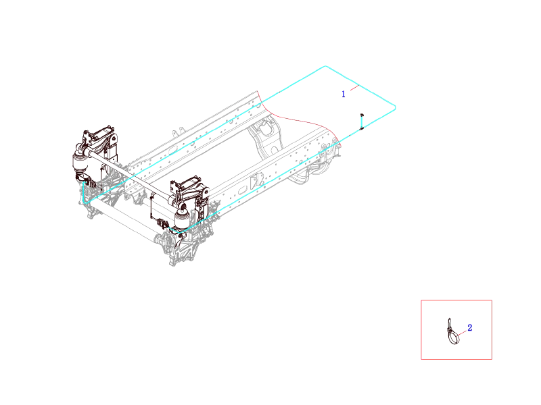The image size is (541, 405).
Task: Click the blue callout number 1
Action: tap(344, 94)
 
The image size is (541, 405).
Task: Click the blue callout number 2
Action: tap(469, 327)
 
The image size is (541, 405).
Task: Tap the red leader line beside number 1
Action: tap(354, 88)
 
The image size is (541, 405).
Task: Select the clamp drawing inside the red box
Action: tap(453, 331)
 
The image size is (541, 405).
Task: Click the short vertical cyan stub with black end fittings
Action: tap(362, 122)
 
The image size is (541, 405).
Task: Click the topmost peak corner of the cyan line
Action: tap(325, 66)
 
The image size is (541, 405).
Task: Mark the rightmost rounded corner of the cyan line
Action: tap(395, 108)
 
